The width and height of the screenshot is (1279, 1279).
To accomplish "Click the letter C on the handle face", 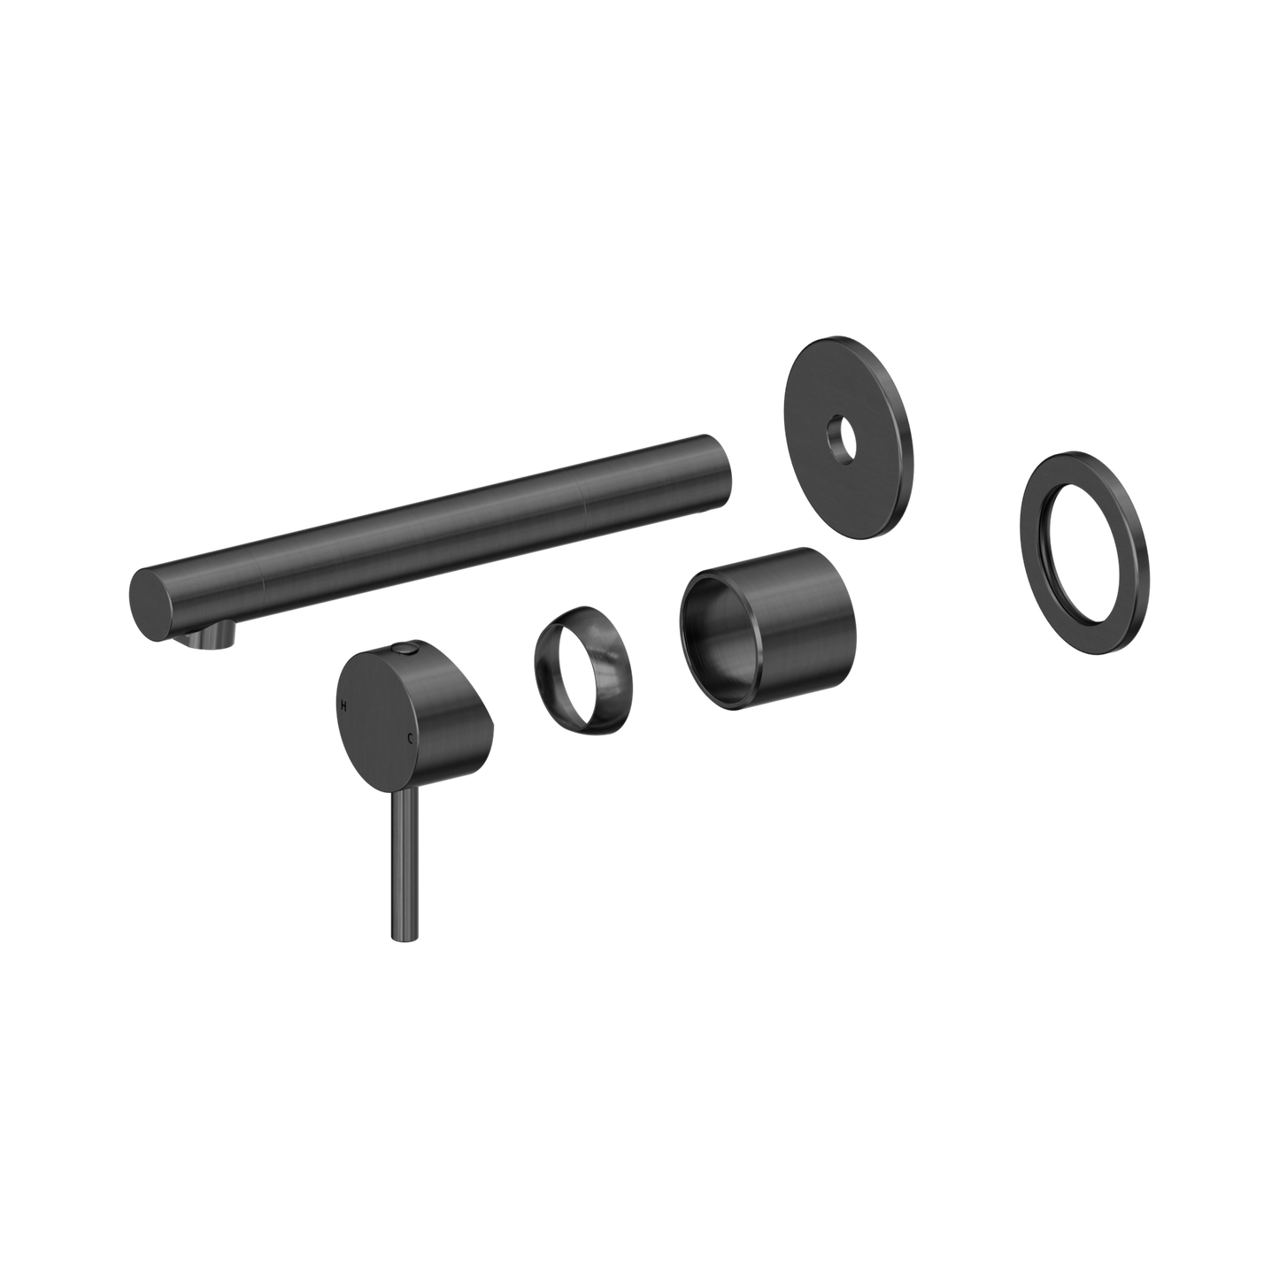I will (x=409, y=736).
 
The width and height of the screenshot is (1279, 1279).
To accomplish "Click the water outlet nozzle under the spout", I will (x=212, y=635).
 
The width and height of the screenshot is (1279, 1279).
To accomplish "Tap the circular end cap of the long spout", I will (x=151, y=604).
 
